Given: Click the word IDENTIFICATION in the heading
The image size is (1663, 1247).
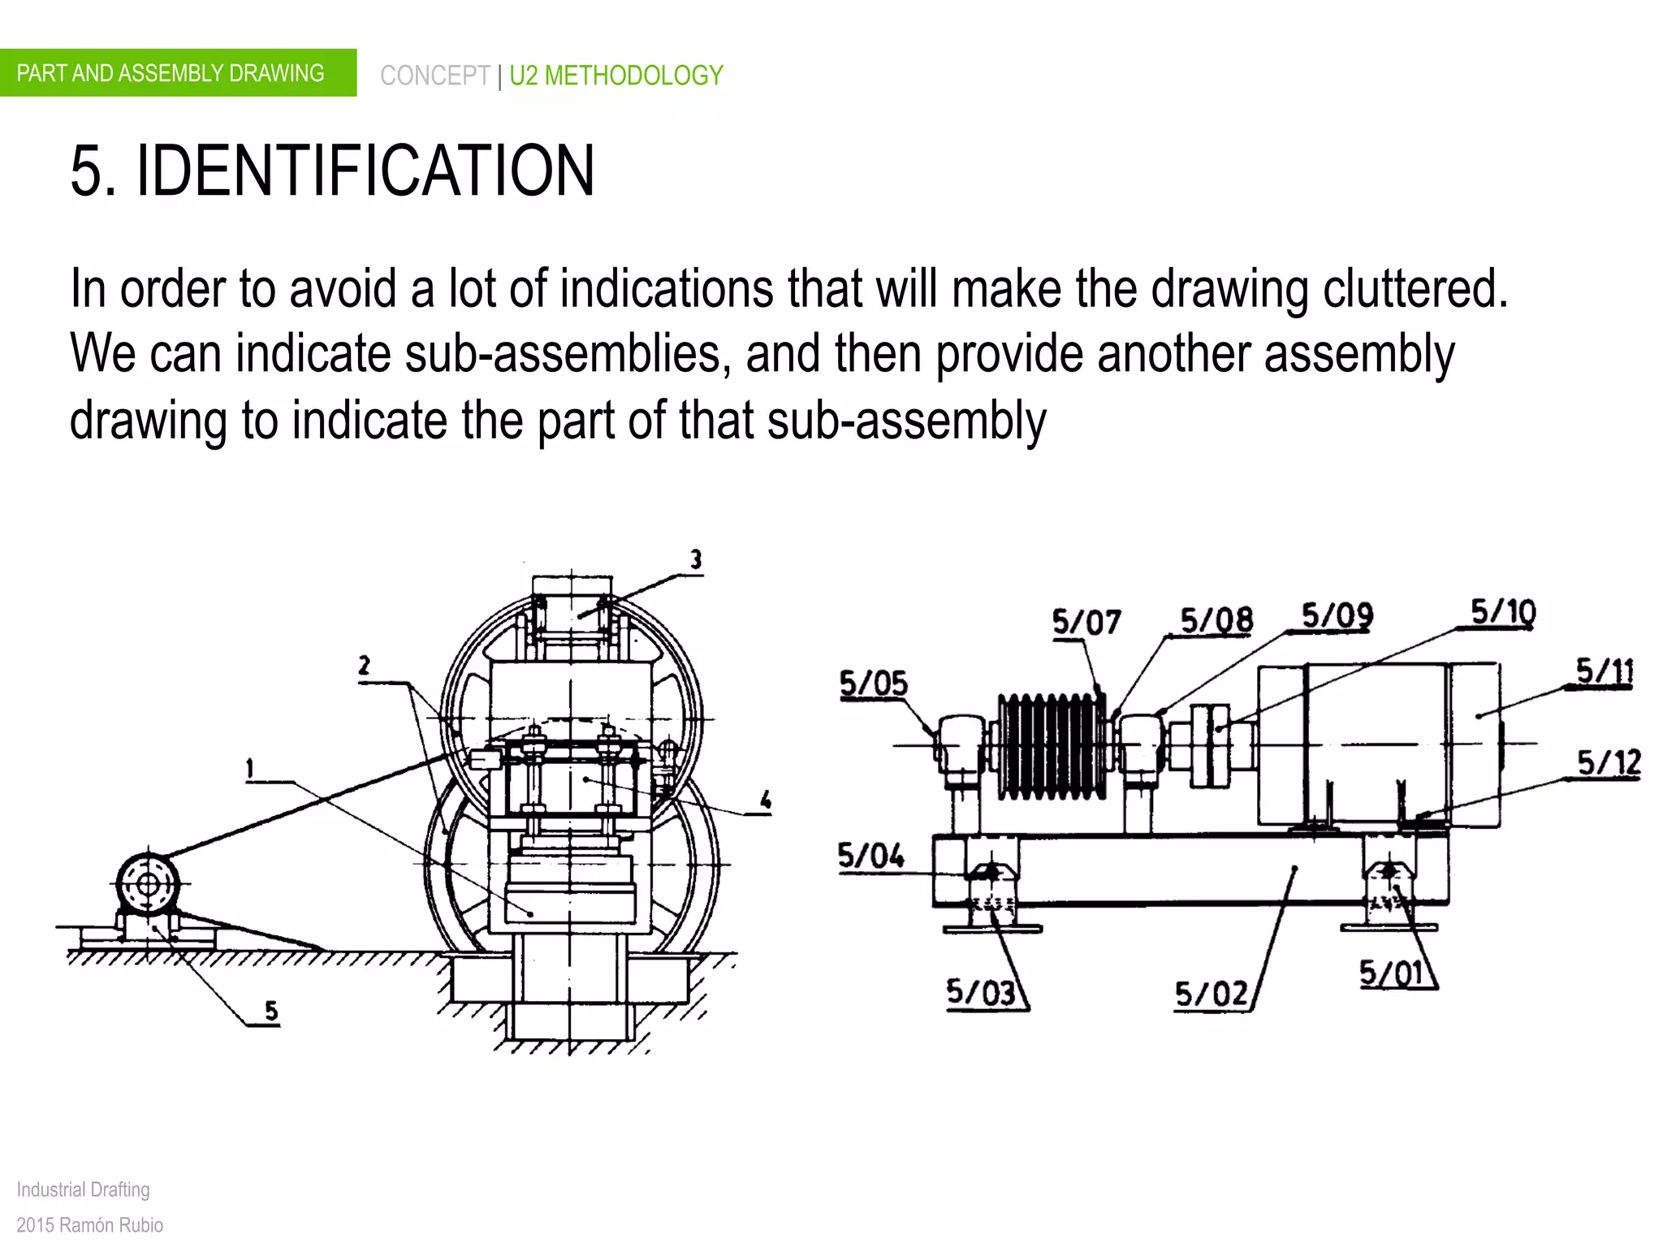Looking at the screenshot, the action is coord(365,170).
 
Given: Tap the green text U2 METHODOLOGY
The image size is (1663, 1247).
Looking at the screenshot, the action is coord(616,76).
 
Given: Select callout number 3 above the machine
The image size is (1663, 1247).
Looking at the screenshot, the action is coord(696,559).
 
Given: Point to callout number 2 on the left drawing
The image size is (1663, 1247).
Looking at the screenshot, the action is coord(364,667).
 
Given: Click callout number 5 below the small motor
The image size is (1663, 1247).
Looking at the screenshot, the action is coord(271,1011).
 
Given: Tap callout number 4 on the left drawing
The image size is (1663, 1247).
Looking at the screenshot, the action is coord(765,800).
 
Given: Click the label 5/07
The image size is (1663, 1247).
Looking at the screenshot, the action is coord(1086,623).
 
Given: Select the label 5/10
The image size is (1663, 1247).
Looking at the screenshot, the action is coord(1503,611).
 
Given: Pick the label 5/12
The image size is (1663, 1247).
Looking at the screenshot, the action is coord(1609,763).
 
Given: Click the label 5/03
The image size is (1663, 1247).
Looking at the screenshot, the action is coord(981,992).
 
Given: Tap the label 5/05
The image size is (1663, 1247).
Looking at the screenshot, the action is coord(873,684).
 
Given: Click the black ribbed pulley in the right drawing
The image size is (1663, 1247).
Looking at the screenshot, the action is coord(1052,745).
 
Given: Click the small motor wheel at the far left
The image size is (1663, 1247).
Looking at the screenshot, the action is coord(148,883).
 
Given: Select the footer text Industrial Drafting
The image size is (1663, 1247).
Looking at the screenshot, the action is coord(83,1189).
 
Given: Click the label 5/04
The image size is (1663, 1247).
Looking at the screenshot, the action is coord(870,856).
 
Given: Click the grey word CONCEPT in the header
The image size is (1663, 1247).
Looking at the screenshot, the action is coord(434,76).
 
